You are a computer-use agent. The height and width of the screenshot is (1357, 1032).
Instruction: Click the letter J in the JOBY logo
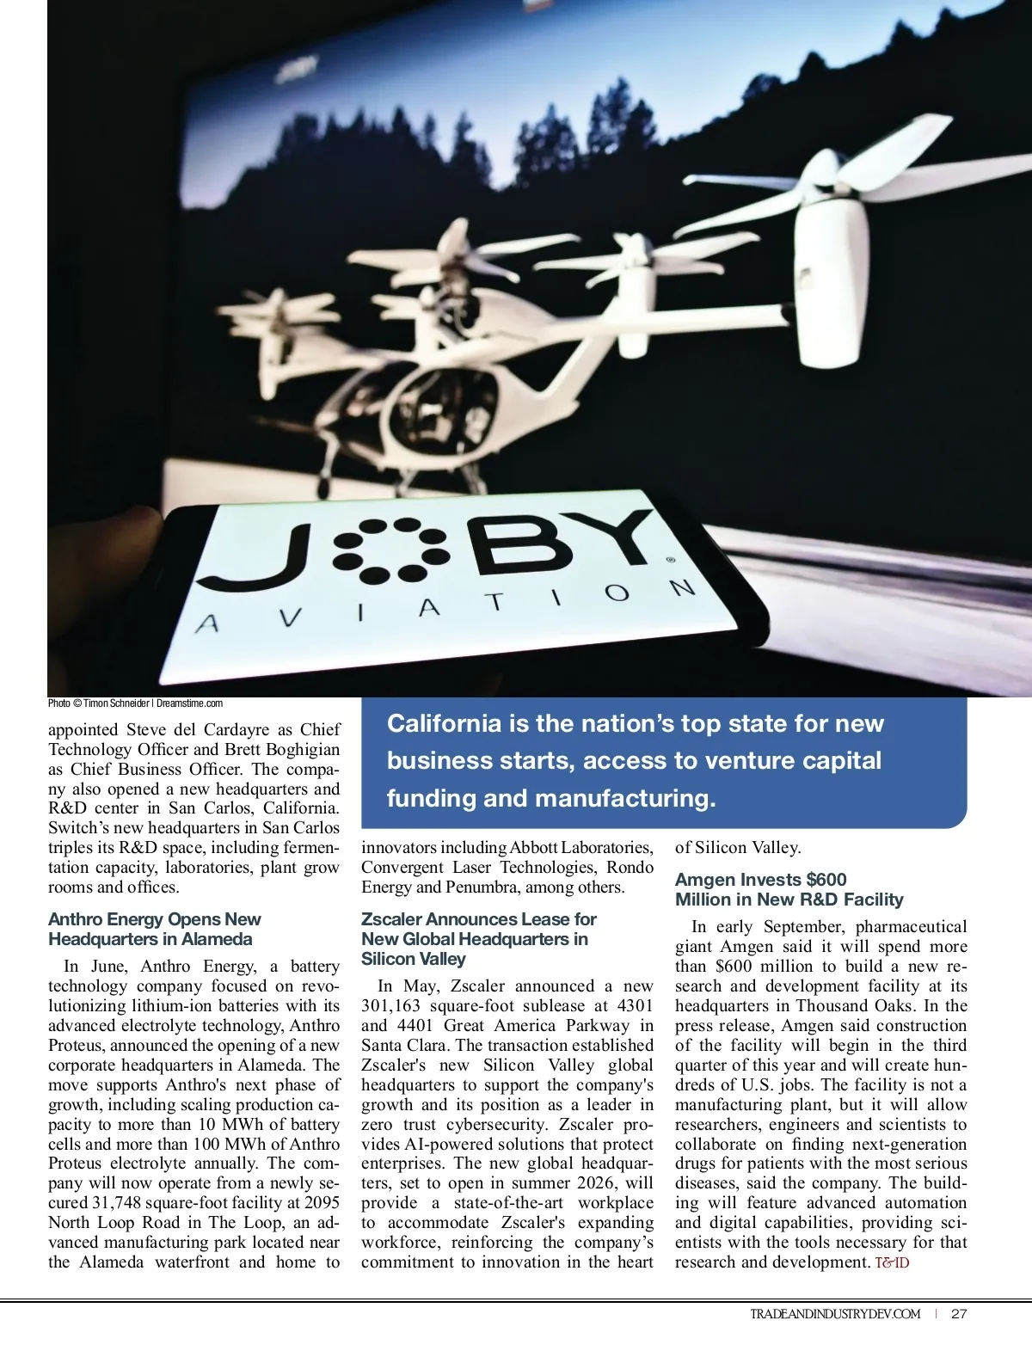[249, 559]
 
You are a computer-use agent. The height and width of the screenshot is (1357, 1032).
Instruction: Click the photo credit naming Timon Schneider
[136, 703]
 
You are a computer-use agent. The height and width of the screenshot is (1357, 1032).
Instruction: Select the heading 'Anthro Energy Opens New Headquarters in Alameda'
[154, 929]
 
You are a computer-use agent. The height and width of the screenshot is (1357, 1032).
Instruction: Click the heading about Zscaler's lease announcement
[478, 938]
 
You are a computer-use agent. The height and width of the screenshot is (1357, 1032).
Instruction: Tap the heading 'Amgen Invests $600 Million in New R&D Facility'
[789, 889]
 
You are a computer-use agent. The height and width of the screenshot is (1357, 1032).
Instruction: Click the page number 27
[959, 1313]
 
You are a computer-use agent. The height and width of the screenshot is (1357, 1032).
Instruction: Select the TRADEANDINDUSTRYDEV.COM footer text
[834, 1313]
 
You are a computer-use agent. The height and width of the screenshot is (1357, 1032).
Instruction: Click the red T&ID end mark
[892, 1262]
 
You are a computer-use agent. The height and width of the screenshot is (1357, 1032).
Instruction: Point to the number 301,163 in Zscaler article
[391, 1006]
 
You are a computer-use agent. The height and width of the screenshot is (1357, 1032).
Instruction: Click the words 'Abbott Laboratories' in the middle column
[581, 848]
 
